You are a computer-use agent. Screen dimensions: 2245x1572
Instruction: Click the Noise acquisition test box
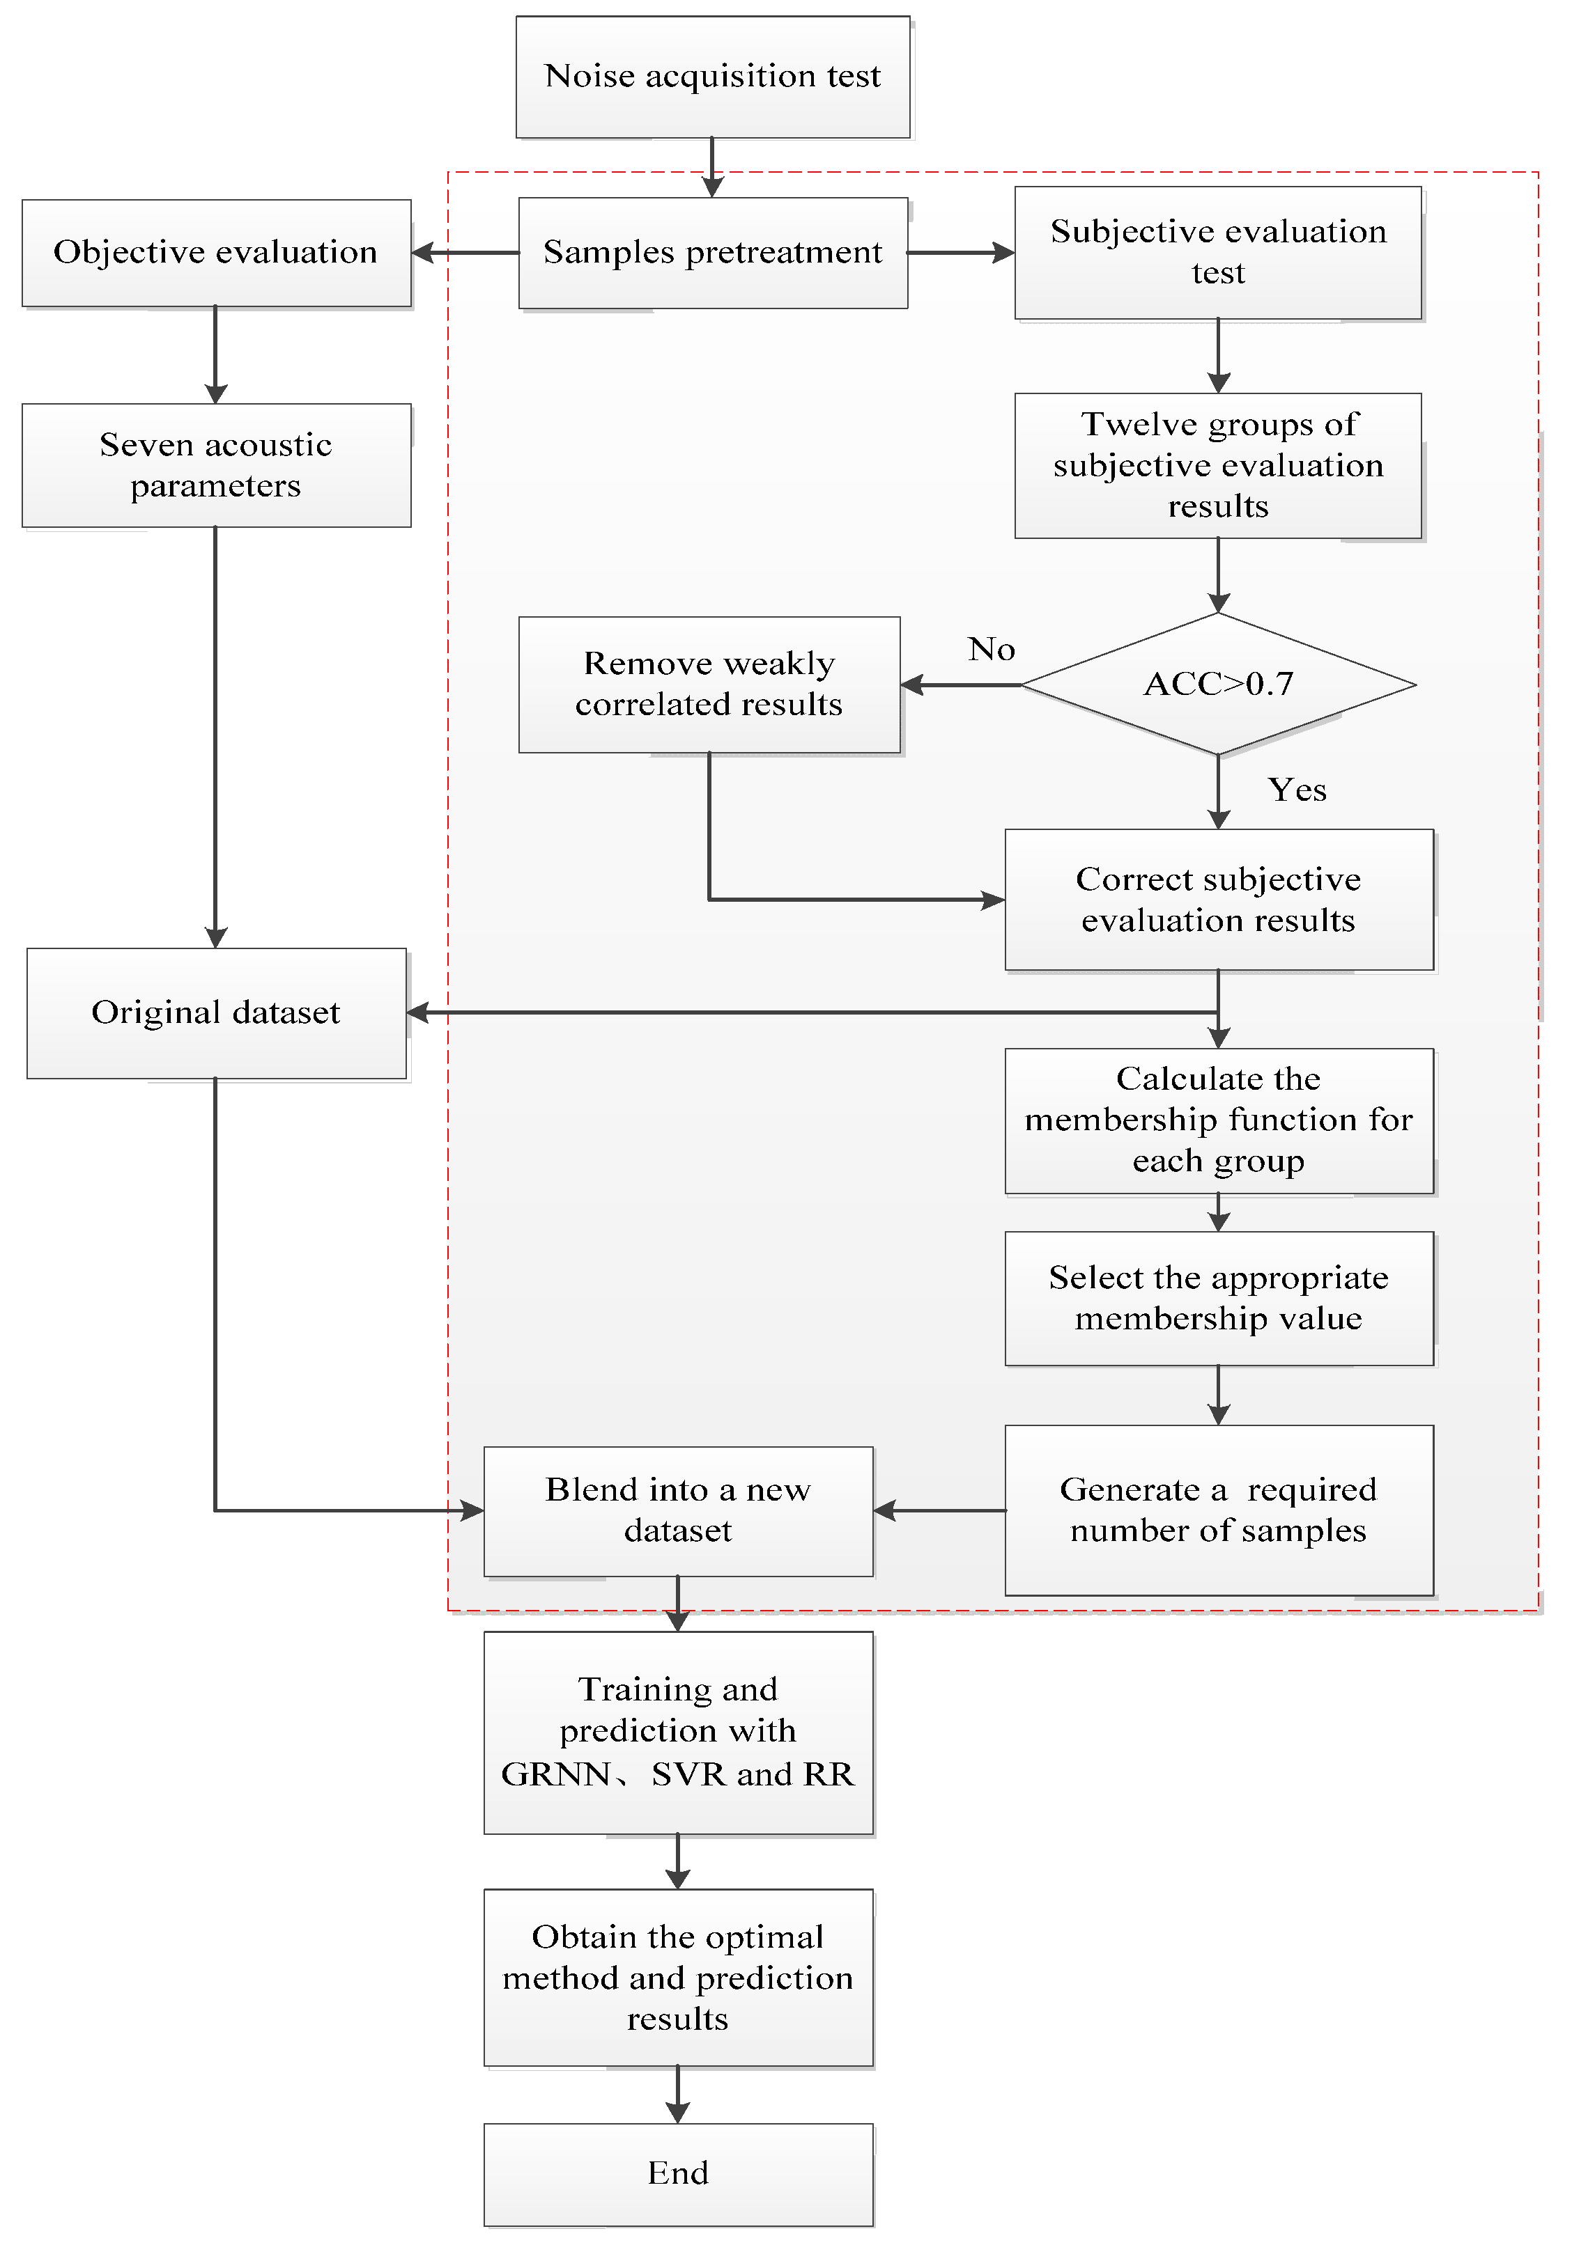[712, 77]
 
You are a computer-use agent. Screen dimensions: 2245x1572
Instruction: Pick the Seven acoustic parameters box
[215, 465]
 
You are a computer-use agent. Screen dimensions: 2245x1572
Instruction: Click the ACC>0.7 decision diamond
[1218, 684]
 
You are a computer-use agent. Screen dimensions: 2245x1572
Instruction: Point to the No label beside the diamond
[991, 649]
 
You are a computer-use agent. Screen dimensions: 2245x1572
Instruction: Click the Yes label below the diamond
[1297, 790]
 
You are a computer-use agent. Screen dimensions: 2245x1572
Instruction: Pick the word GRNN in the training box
[555, 1774]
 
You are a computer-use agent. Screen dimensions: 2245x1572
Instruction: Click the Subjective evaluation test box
[1218, 252]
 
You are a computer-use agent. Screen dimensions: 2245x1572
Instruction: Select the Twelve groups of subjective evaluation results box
[1218, 465]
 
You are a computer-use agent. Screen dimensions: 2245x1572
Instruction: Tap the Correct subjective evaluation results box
[1218, 900]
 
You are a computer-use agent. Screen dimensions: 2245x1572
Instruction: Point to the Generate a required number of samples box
[1218, 1510]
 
